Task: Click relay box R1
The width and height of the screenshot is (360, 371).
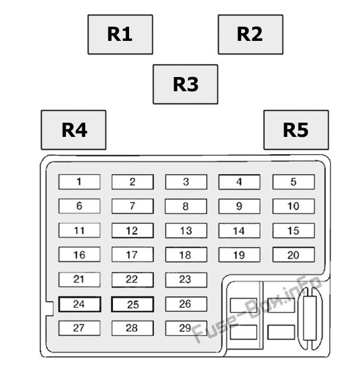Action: pos(120,34)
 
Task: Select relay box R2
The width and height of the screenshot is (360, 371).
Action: pos(250,34)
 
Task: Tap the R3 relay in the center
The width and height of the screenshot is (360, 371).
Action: pos(185,84)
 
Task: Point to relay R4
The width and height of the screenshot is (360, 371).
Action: pos(73,130)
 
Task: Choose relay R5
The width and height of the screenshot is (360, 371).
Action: pos(295,130)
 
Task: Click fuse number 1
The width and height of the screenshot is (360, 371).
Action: pos(79,182)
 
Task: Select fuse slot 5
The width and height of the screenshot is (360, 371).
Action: pos(293,182)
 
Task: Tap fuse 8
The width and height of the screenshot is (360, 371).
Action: pos(186,206)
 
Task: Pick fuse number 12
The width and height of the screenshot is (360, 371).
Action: pos(133,231)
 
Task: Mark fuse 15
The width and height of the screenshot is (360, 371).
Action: pos(293,231)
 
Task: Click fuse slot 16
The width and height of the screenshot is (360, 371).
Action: pos(79,255)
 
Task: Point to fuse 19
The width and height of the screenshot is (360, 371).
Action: pos(239,255)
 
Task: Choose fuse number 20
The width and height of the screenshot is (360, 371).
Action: pos(293,255)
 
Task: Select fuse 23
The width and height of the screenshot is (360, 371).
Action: pos(186,280)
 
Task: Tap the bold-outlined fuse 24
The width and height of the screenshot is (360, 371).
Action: pos(79,305)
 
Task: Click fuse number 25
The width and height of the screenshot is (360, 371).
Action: pos(133,305)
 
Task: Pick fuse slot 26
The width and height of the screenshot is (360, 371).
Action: pos(186,304)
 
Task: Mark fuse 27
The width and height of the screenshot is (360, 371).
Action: pos(79,328)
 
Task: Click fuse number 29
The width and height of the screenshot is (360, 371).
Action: pos(186,328)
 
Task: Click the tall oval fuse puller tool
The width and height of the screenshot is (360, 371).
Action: pos(310,319)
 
